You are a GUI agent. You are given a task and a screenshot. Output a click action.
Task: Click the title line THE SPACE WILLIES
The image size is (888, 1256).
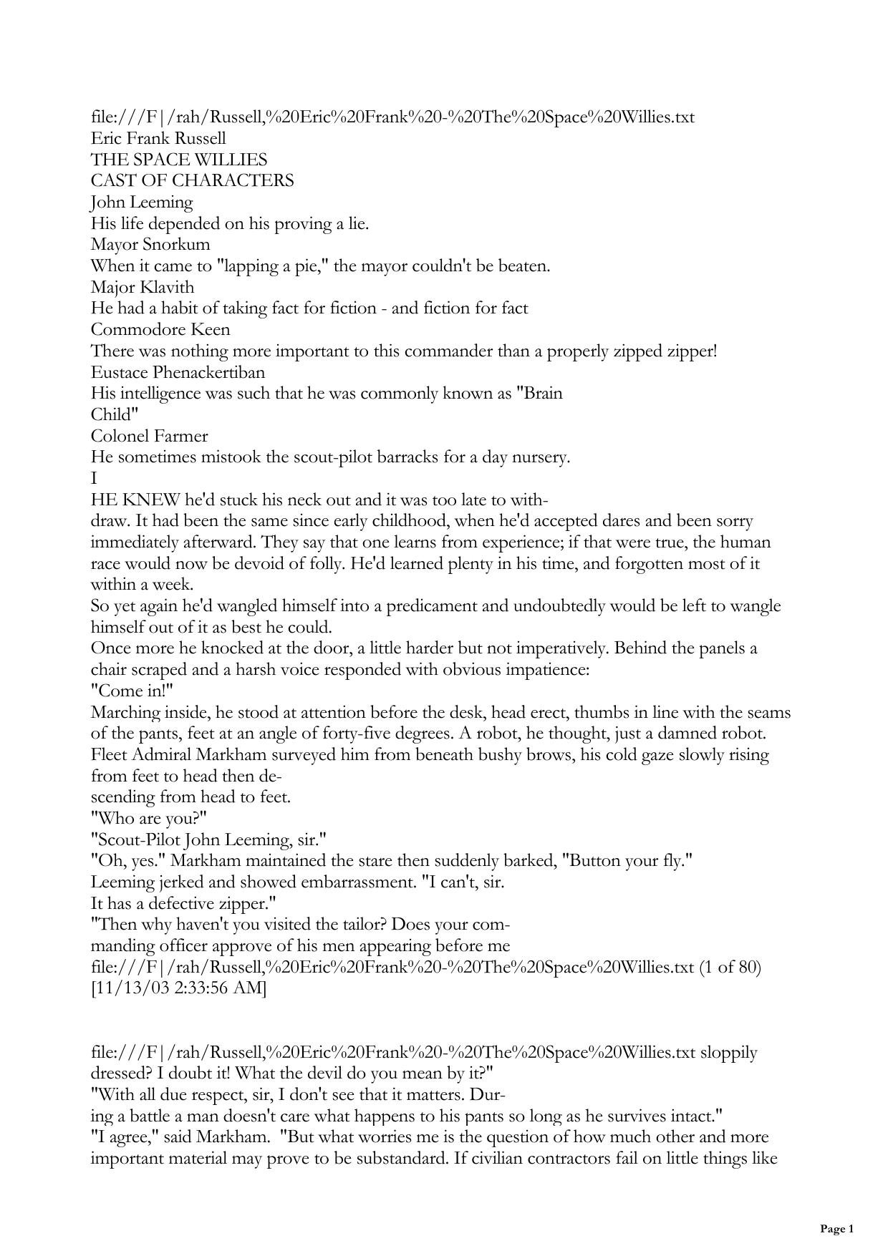179,159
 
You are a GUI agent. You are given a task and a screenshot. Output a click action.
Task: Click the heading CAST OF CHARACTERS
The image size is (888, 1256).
192,180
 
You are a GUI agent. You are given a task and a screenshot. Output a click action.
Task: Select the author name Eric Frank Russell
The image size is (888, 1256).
158,138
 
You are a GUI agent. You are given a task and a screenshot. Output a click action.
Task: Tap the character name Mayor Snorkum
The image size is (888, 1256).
150,244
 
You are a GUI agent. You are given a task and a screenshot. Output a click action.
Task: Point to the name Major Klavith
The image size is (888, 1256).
143,287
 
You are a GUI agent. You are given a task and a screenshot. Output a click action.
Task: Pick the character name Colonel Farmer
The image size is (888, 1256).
150,436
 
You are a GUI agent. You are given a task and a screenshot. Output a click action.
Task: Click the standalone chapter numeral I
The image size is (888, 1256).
94,478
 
